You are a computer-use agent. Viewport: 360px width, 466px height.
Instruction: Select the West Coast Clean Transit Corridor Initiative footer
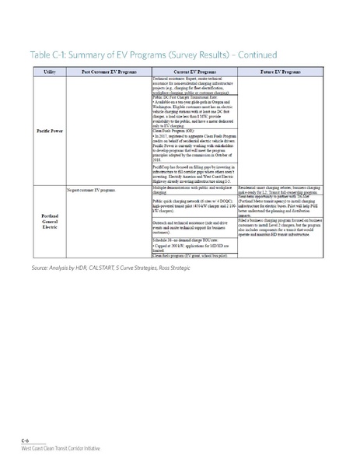[x=61, y=449]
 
